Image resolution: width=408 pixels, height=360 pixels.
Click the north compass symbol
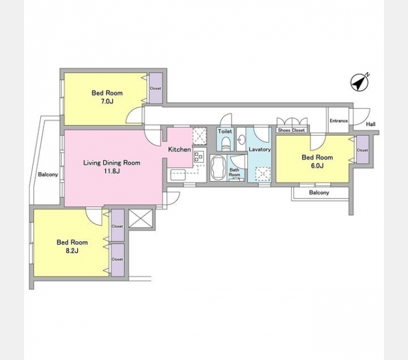[359, 82]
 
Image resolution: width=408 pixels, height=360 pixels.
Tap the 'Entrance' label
[338, 121]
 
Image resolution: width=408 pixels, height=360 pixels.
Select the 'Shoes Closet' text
[291, 130]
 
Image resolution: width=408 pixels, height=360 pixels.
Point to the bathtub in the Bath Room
[218, 167]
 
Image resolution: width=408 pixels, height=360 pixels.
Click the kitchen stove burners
[199, 157]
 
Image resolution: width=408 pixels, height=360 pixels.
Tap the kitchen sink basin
[178, 175]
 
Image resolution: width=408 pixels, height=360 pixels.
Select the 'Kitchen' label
[179, 149]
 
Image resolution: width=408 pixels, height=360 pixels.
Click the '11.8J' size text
[112, 171]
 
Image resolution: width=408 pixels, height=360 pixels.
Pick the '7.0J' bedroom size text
[107, 101]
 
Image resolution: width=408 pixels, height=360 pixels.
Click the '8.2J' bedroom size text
[72, 251]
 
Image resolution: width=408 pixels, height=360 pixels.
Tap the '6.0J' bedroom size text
[317, 166]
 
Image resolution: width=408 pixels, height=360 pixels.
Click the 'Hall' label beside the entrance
[371, 124]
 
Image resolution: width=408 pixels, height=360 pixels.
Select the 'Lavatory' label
[260, 149]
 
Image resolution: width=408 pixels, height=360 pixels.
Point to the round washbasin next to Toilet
[241, 140]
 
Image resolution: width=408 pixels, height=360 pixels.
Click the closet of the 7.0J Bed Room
[155, 88]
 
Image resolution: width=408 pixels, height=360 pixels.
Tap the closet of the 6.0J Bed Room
[362, 150]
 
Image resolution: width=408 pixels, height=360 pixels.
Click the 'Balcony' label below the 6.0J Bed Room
[319, 193]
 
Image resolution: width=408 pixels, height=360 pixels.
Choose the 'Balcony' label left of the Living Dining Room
[48, 175]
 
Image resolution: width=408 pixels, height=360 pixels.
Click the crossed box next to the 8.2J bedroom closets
[141, 218]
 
